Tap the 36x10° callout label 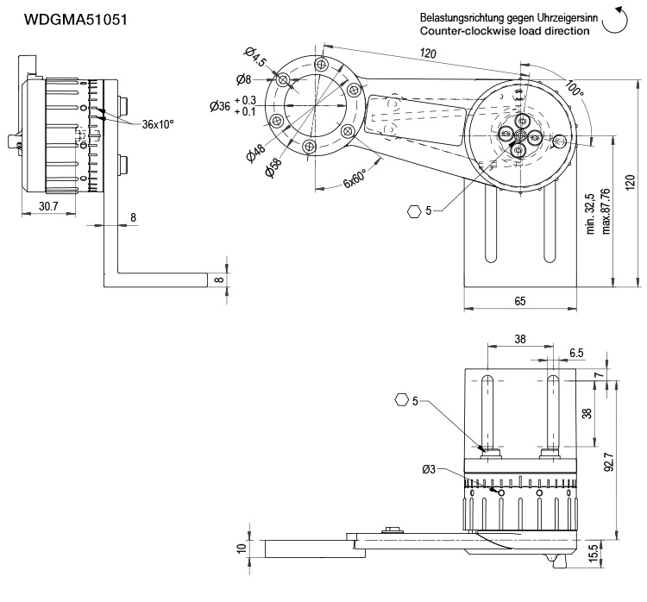[158, 123]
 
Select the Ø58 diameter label [274, 168]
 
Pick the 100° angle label [575, 90]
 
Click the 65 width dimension [519, 301]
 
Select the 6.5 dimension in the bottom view [577, 354]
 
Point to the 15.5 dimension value [593, 553]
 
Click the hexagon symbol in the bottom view [401, 399]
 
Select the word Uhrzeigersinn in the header [556, 17]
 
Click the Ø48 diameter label [255, 154]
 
